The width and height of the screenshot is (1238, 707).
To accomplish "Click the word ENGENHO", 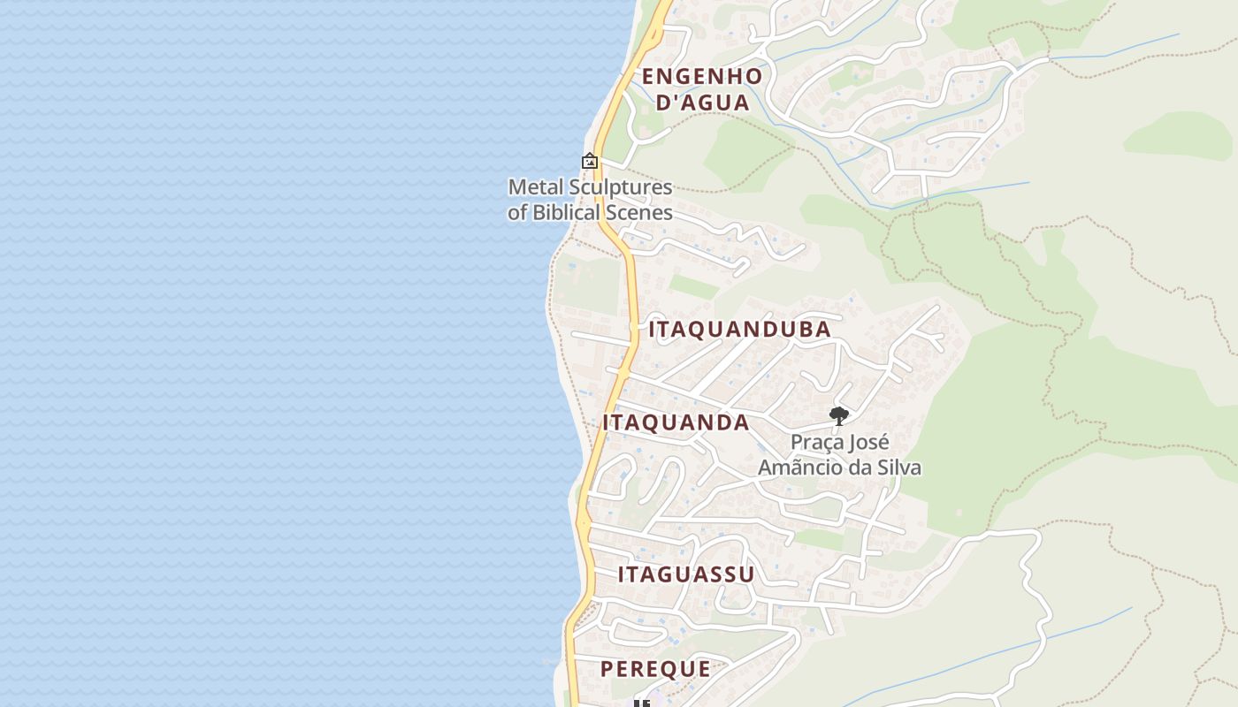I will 702,76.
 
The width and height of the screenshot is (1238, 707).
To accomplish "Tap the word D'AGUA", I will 704,103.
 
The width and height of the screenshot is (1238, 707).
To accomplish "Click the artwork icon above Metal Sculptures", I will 590,161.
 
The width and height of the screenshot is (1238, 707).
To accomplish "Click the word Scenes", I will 640,212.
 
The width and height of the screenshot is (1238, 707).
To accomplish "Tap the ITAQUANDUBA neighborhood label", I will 740,330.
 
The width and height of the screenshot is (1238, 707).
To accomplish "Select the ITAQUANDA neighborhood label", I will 676,422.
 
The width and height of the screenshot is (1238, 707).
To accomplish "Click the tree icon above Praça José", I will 839,415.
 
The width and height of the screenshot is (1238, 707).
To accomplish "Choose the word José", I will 869,443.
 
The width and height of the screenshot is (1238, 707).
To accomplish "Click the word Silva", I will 900,468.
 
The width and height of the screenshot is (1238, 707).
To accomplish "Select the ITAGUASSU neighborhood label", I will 686,574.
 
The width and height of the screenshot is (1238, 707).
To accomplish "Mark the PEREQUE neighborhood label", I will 655,669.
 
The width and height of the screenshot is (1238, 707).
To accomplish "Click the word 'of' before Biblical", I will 517,212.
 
